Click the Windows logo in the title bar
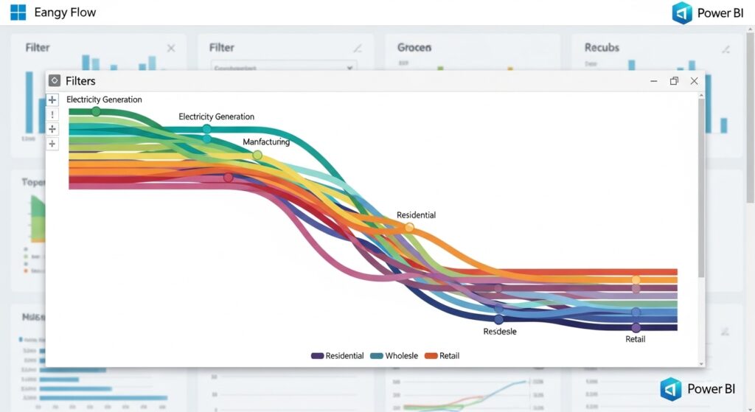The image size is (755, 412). coord(18,13)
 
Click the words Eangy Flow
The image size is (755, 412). coord(65,13)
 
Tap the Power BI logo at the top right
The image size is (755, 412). coord(683,13)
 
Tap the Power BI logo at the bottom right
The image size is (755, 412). coord(671,389)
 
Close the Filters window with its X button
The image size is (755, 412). coord(694,81)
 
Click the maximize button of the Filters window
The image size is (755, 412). coord(674,81)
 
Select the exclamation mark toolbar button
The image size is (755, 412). coord(52,114)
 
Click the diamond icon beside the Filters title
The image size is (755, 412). coord(55,81)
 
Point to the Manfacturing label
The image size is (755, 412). coord(266,142)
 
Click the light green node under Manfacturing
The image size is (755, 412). coord(257,156)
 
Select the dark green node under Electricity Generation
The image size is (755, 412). coord(96,111)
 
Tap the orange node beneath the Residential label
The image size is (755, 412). coord(409,228)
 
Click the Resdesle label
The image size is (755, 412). coord(500,332)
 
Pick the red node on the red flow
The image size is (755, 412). coord(229,178)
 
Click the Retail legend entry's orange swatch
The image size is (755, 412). coord(431,356)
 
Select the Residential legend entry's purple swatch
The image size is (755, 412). coord(318,356)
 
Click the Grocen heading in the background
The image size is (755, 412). coord(414,48)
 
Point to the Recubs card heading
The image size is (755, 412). coord(602,48)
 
